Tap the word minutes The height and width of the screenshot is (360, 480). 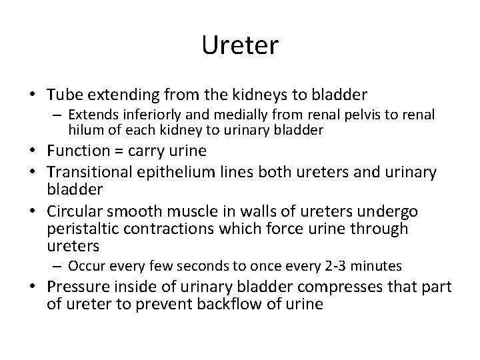(378, 267)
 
